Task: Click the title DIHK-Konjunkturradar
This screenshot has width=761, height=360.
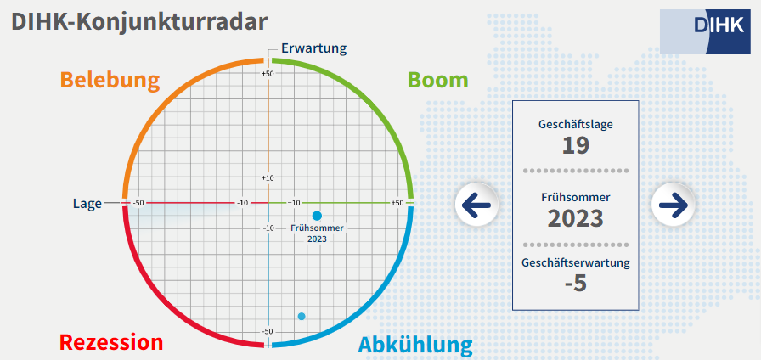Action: click(x=139, y=22)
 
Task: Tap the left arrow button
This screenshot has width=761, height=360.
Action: click(x=476, y=205)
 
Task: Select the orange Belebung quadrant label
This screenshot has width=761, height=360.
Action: click(x=110, y=80)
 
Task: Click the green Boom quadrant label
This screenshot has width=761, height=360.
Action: click(x=437, y=80)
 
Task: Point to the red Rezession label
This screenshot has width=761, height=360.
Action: click(x=111, y=342)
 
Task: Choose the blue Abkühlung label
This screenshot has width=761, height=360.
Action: click(x=415, y=345)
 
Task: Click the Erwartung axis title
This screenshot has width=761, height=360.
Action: click(x=314, y=48)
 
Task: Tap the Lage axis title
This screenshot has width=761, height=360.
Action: click(x=87, y=204)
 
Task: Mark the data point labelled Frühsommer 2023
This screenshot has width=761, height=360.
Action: click(x=318, y=216)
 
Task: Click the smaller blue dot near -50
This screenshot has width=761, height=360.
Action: click(x=302, y=317)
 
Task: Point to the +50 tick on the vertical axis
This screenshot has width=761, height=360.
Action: click(x=268, y=74)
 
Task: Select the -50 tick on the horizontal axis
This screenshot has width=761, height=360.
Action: click(x=139, y=203)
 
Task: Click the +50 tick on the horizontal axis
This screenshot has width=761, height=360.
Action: click(x=397, y=203)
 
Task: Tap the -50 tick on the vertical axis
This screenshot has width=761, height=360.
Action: click(x=268, y=331)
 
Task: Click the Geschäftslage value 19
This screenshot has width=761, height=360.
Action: click(x=576, y=145)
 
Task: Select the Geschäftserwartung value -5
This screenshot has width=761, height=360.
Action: click(x=576, y=284)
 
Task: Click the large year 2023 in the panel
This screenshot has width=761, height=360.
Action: click(x=576, y=219)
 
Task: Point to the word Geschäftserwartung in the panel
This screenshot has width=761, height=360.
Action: click(x=576, y=263)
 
